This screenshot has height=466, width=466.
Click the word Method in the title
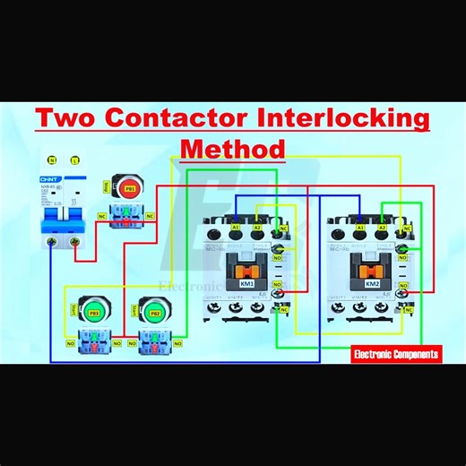(x=233, y=149)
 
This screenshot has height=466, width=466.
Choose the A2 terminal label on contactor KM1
(x=258, y=228)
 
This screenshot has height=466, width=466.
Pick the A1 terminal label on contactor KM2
(x=360, y=228)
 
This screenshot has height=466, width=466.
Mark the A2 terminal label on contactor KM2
(x=382, y=228)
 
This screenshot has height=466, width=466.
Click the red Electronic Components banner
(x=396, y=355)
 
